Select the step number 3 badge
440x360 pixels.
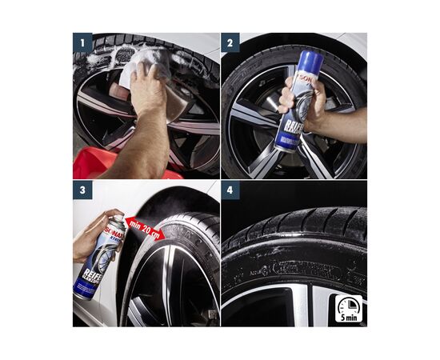[82, 190]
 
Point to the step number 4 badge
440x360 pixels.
[231, 190]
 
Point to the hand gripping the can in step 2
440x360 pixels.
[298, 101]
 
